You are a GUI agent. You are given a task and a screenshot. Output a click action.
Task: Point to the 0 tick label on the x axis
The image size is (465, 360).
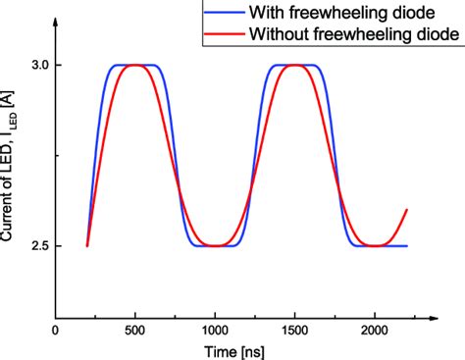tap(55, 332)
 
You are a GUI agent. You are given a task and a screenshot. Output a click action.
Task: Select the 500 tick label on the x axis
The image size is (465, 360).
tap(135, 332)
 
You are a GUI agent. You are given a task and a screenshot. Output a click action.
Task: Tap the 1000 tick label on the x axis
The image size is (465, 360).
tap(215, 332)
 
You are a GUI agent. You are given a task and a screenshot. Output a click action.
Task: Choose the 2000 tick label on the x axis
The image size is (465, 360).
tap(375, 332)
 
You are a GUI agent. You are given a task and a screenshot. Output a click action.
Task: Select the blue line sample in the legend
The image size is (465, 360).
tap(221, 14)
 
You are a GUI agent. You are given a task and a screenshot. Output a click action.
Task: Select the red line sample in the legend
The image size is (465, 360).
tap(221, 34)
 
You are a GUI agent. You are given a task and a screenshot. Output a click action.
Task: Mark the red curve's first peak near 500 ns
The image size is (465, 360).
tap(135, 66)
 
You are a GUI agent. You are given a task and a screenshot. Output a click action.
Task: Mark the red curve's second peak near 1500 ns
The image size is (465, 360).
tap(294, 66)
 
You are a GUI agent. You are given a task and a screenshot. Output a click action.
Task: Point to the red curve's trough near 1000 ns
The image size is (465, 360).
tap(215, 245)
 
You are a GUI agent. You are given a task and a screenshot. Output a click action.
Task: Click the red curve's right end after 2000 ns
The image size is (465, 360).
tap(406, 210)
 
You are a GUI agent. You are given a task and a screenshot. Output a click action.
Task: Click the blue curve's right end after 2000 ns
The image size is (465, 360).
tap(406, 246)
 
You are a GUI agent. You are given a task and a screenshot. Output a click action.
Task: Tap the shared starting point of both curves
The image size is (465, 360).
tap(87, 246)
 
